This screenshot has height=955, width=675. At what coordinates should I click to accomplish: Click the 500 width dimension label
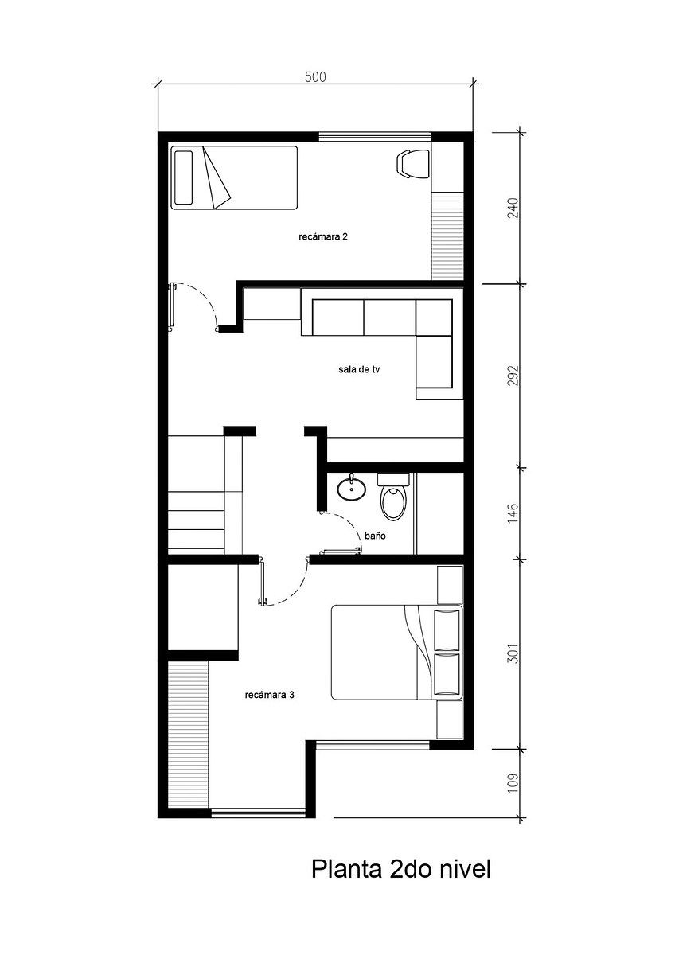coord(315,76)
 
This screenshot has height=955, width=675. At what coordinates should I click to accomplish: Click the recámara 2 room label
coord(323,236)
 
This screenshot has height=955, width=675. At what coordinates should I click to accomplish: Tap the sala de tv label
coord(359,369)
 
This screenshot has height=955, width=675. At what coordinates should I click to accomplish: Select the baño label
coord(375,536)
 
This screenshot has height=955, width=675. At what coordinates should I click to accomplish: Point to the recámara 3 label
coord(270,696)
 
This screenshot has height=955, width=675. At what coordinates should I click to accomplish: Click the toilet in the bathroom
coord(393,497)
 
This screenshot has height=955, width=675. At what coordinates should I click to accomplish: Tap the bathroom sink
coord(351,488)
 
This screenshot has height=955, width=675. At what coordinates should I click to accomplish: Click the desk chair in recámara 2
coord(413,164)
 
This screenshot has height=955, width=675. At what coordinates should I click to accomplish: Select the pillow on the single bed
coord(183,177)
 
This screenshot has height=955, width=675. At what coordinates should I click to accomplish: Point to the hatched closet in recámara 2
coord(447,236)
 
